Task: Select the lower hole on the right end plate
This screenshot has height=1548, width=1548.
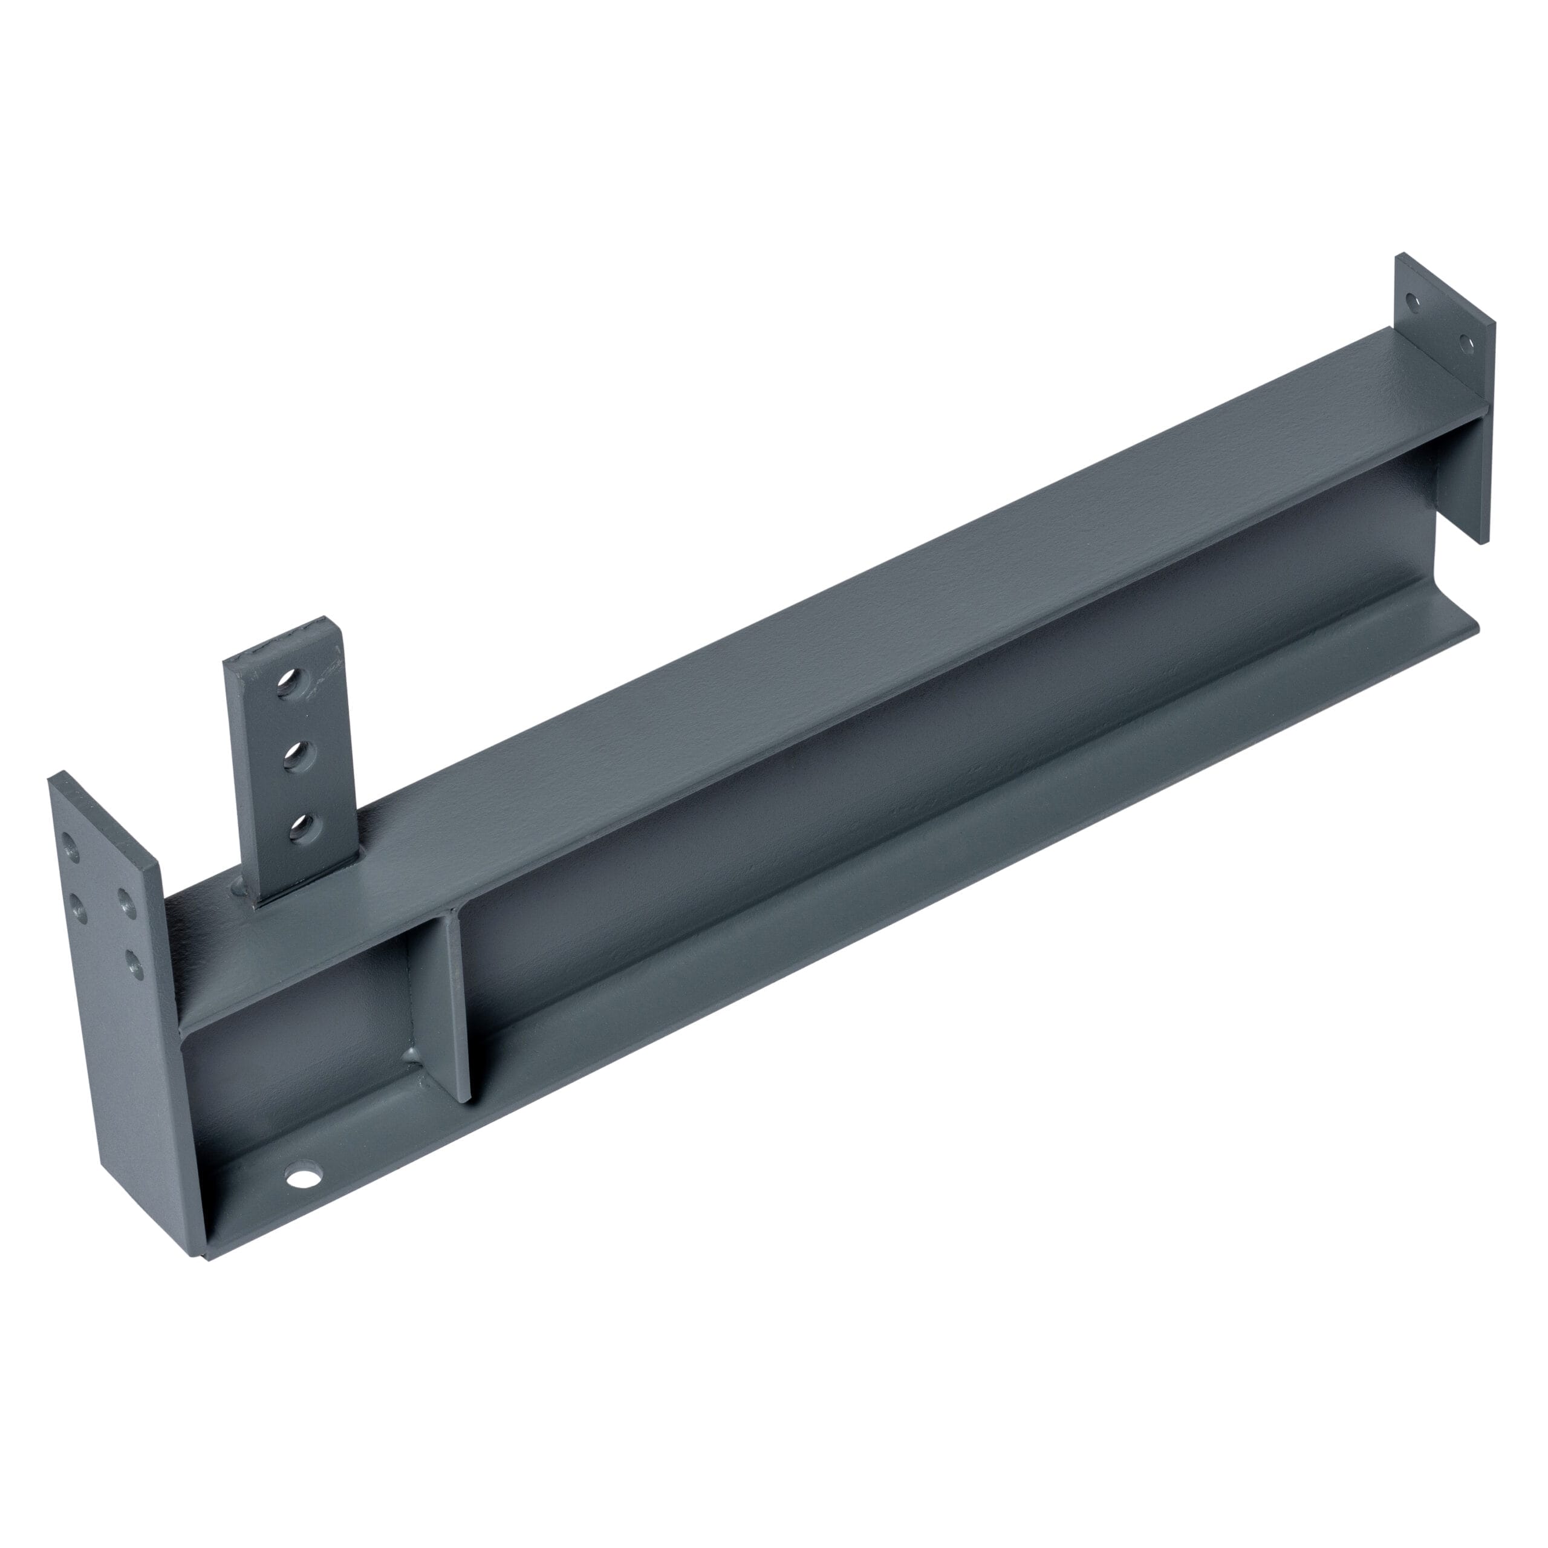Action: click(x=1466, y=345)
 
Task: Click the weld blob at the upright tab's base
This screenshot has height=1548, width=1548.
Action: click(x=239, y=887)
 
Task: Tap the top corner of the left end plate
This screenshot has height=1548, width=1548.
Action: click(x=57, y=776)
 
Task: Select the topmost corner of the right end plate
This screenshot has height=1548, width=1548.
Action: click(x=1402, y=256)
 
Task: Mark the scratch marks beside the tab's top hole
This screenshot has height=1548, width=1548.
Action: click(x=325, y=677)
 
